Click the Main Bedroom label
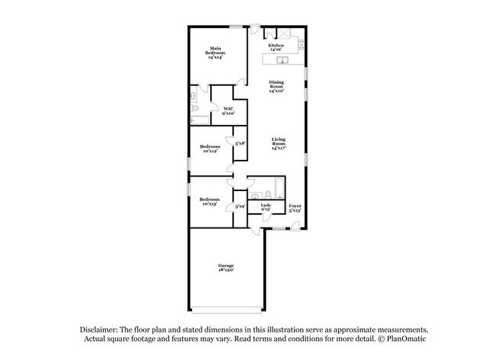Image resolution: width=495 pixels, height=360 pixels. click(216, 53)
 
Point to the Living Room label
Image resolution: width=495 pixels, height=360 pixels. click(278, 143)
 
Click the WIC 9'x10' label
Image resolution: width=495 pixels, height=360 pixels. click(228, 111)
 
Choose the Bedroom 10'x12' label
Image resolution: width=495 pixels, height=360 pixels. click(210, 148)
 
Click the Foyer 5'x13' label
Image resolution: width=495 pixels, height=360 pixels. click(295, 207)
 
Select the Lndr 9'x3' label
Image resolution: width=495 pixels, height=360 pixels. click(266, 207)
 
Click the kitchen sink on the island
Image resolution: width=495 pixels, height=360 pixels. click(281, 59)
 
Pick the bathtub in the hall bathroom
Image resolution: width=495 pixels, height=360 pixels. click(276, 188)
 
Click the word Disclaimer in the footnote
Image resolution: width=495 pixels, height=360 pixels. click(99, 328)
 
